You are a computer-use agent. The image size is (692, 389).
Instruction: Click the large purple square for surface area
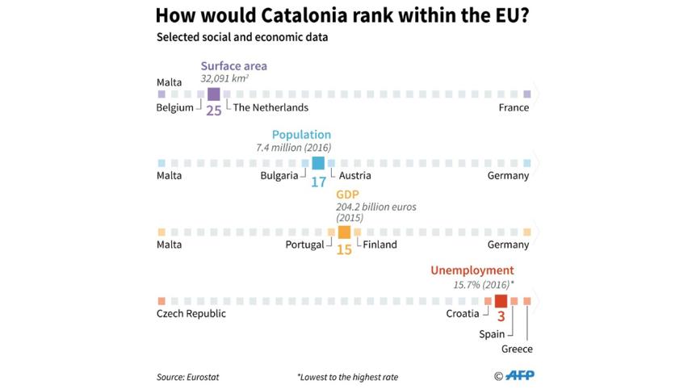(213, 94)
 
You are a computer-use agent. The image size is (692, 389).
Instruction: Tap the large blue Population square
(318, 163)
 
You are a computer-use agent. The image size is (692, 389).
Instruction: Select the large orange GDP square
(344, 232)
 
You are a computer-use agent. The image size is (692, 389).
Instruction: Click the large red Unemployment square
(501, 301)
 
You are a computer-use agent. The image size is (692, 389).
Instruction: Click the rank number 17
(318, 182)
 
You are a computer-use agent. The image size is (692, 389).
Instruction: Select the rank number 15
(344, 250)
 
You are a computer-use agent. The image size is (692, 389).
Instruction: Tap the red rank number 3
(501, 317)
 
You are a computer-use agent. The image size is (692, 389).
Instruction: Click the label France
(514, 107)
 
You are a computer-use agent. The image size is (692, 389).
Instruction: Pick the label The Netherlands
(271, 107)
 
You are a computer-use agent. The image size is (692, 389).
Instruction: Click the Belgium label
(174, 107)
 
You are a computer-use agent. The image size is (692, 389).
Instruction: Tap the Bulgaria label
(279, 176)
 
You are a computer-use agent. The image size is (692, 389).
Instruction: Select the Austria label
(355, 176)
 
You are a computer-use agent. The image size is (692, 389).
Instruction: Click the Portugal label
(304, 245)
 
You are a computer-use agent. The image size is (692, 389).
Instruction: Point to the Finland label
(380, 245)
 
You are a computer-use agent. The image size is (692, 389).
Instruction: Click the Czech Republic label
(191, 313)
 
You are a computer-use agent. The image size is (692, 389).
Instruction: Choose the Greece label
(517, 349)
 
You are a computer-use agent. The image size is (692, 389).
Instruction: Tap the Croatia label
(463, 313)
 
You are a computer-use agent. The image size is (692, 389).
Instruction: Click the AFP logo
(514, 375)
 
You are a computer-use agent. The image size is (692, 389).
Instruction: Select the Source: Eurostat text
(187, 377)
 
